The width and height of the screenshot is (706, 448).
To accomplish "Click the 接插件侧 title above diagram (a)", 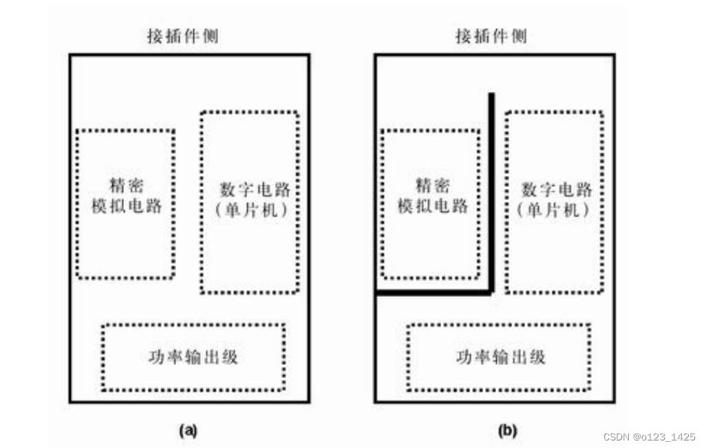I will click(183, 36).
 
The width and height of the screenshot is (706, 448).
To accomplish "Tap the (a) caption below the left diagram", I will click(188, 431).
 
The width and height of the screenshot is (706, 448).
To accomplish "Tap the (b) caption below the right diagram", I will click(506, 431).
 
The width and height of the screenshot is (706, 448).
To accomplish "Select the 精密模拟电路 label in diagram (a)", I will click(127, 195).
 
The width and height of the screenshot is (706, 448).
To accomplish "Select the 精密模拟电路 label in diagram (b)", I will click(433, 195).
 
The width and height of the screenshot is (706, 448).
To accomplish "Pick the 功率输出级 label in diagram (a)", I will click(193, 357).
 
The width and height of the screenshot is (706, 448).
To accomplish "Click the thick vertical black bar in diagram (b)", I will click(491, 192).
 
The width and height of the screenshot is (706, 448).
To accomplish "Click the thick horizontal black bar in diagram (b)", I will click(434, 293).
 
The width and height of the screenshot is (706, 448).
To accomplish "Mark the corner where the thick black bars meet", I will click(491, 293).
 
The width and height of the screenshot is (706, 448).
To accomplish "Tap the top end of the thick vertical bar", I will click(491, 95).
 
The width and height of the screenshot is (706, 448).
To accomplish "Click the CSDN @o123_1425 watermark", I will click(650, 437).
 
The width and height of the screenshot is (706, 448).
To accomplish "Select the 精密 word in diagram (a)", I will click(127, 186).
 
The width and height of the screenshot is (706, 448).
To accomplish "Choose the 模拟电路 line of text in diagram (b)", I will click(433, 205).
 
